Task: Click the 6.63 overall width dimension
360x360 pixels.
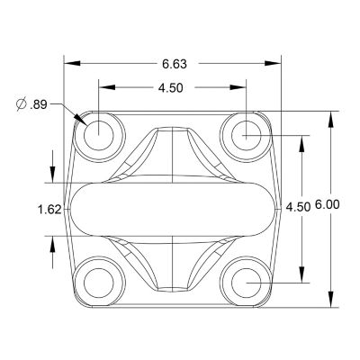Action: tap(175, 63)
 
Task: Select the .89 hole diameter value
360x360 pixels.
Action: tap(38, 104)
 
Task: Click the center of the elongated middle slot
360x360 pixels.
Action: tap(172, 208)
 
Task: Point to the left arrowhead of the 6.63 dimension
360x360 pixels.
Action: tap(68, 63)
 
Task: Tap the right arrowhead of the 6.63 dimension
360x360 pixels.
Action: tap(274, 63)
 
